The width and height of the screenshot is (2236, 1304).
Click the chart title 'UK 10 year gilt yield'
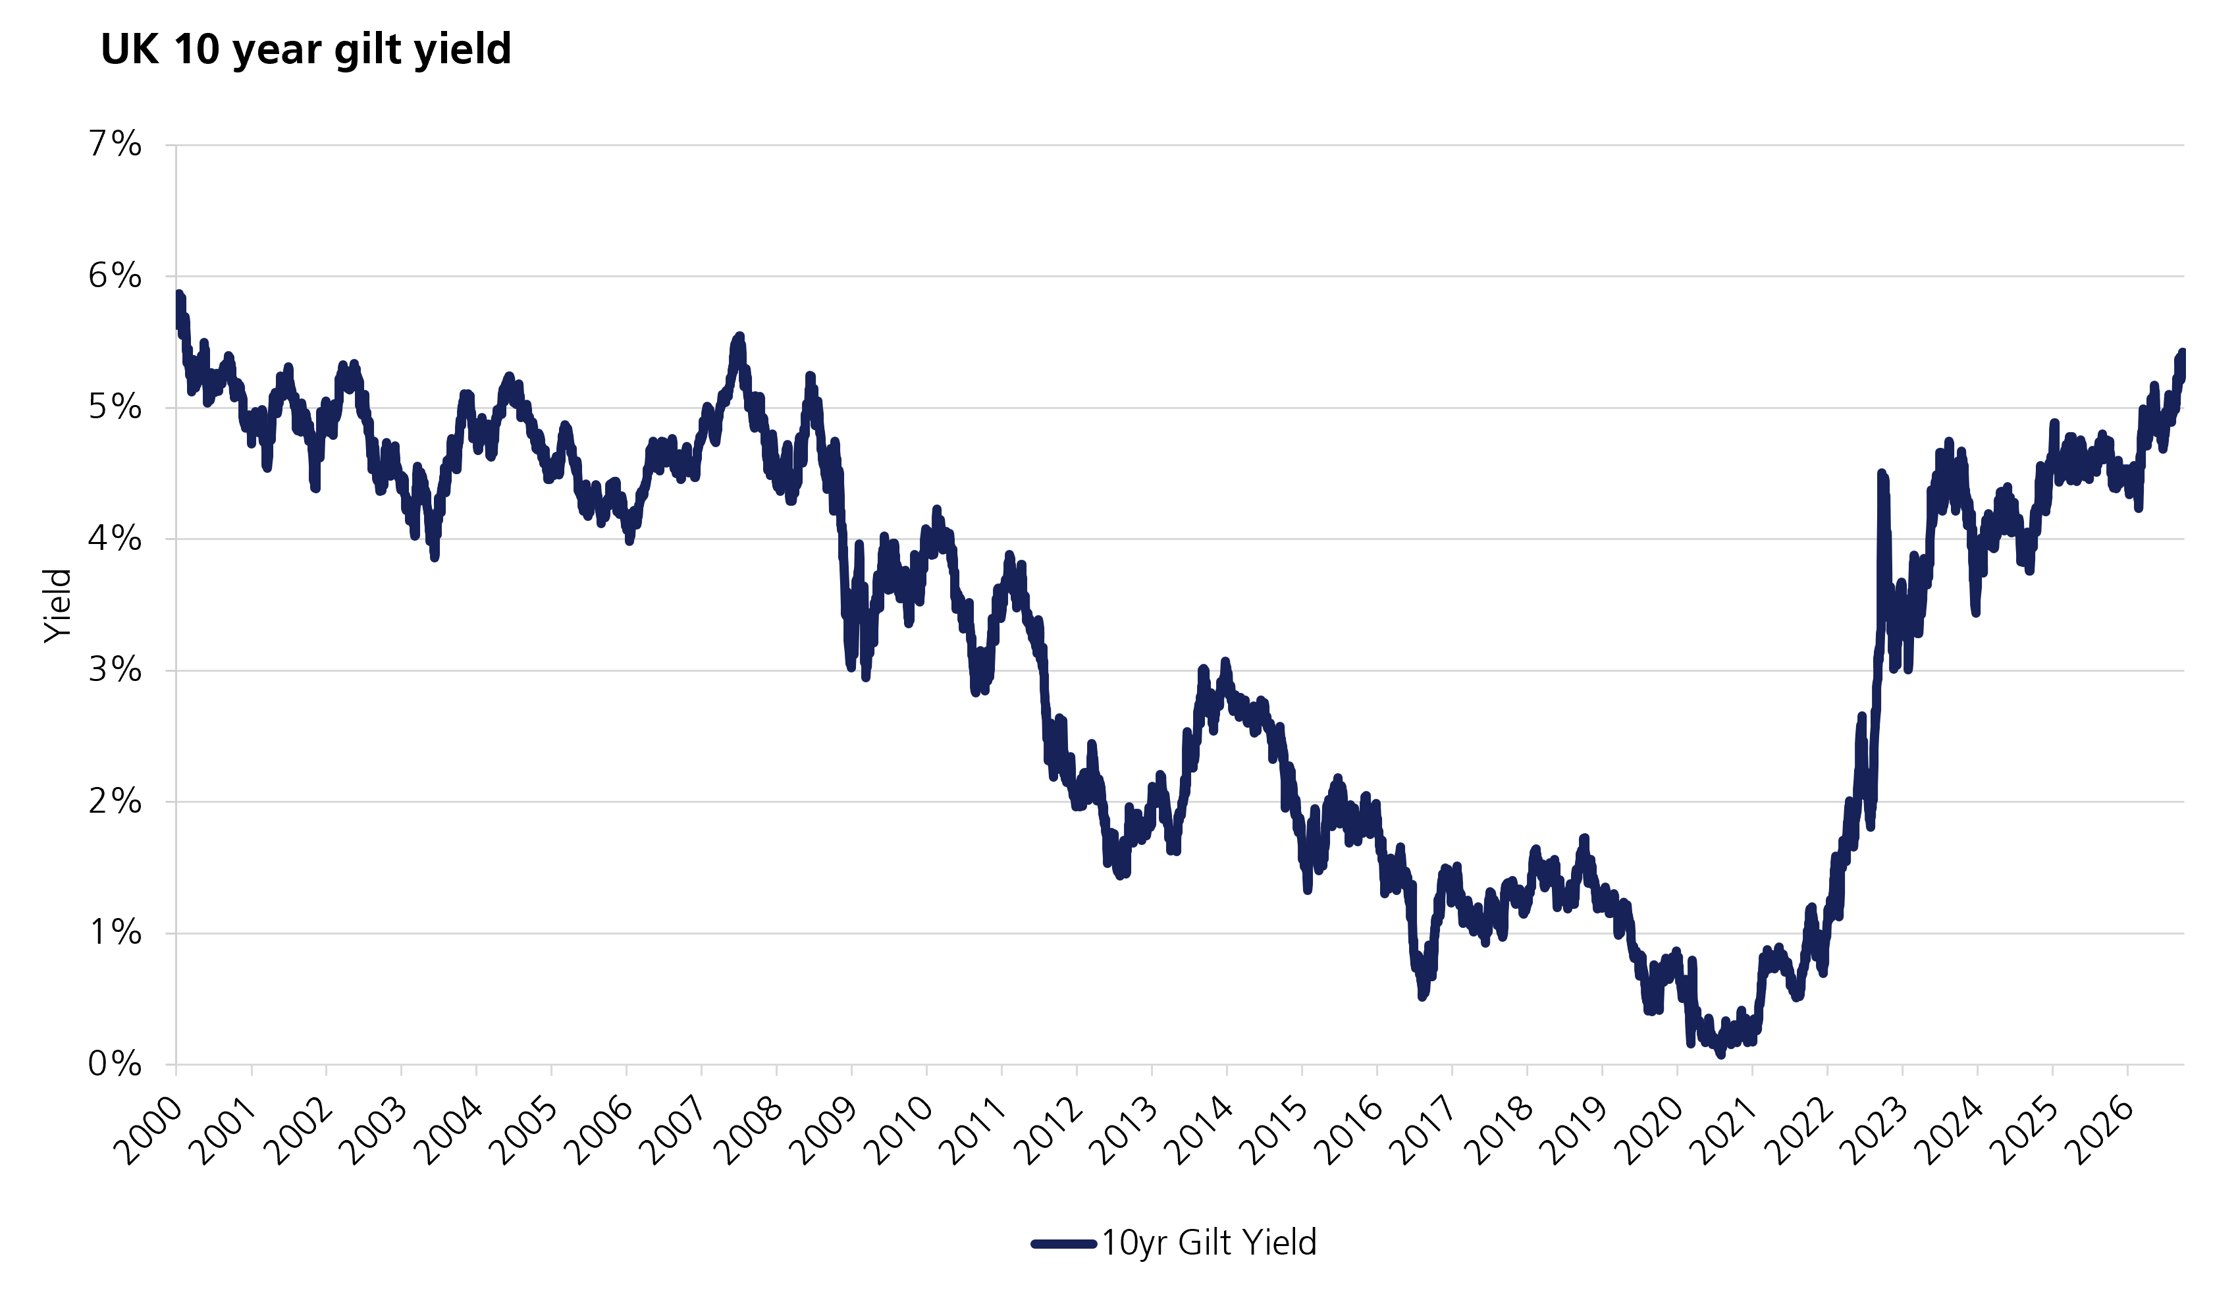pyautogui.click(x=306, y=49)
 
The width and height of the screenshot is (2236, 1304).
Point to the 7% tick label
pyautogui.click(x=115, y=144)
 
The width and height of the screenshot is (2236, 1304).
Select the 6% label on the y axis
pyautogui.click(x=115, y=276)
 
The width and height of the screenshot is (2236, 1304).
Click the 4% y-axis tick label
pyautogui.click(x=115, y=539)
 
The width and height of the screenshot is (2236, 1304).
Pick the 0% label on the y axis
pyautogui.click(x=115, y=1064)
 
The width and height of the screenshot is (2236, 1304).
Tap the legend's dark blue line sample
pyautogui.click(x=1064, y=1243)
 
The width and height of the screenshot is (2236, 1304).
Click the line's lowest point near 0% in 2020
pyautogui.click(x=1720, y=1054)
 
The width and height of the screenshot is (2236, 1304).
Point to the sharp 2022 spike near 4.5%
pyautogui.click(x=1881, y=475)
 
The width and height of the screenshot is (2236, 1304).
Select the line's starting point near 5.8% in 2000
pyautogui.click(x=179, y=294)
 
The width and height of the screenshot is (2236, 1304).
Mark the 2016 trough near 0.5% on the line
pyautogui.click(x=1422, y=996)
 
